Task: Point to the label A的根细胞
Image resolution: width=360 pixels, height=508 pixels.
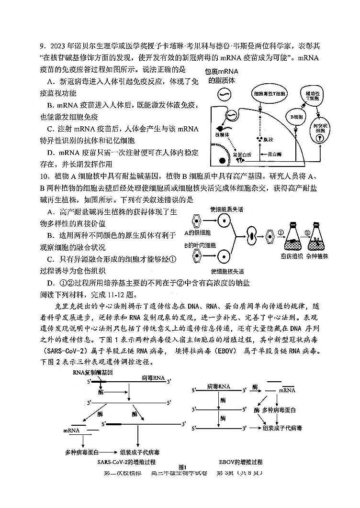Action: [197, 233]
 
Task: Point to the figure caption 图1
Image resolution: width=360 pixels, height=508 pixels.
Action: [181, 466]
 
